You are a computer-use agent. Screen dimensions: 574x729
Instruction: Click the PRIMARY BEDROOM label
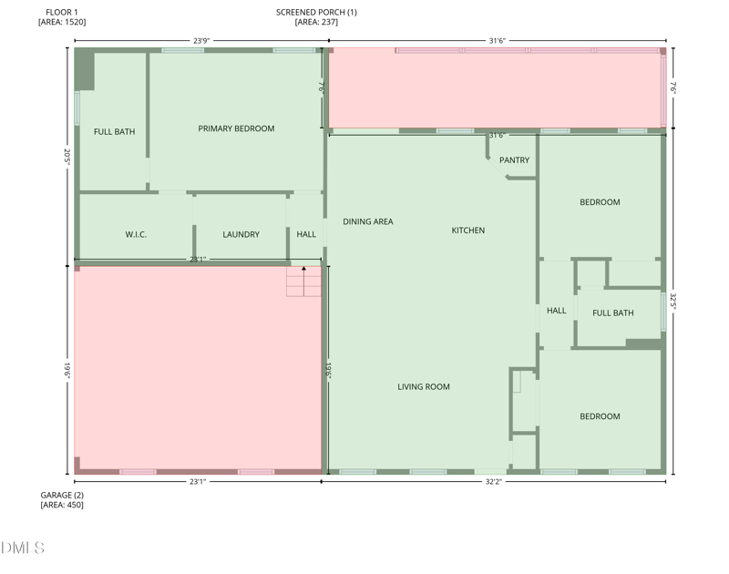pos(236,128)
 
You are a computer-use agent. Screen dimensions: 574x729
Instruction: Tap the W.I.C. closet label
pos(136,234)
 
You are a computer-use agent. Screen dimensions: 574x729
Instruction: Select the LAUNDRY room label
pos(241,234)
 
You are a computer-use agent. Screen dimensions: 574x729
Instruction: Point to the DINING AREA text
pos(367,221)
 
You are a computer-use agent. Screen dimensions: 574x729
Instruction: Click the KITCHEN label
pos(468,231)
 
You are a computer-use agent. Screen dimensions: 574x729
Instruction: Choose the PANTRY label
pos(514,160)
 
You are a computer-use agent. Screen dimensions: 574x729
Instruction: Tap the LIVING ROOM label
pos(423,387)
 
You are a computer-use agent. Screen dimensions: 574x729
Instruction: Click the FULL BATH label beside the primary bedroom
pos(114,132)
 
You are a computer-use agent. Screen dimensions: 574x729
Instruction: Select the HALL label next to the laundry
pos(306,234)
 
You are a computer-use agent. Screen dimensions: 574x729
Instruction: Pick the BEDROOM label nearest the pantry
pos(600,202)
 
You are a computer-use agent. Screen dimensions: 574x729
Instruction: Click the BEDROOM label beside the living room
pos(600,416)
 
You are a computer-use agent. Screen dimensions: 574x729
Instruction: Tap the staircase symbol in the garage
pos(303,282)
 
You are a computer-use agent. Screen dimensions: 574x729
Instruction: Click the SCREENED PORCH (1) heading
pos(316,12)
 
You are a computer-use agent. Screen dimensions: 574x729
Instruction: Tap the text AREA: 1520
pos(62,22)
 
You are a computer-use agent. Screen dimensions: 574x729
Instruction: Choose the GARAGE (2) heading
pos(62,495)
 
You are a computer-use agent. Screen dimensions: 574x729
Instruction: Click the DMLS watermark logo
pos(23,548)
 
